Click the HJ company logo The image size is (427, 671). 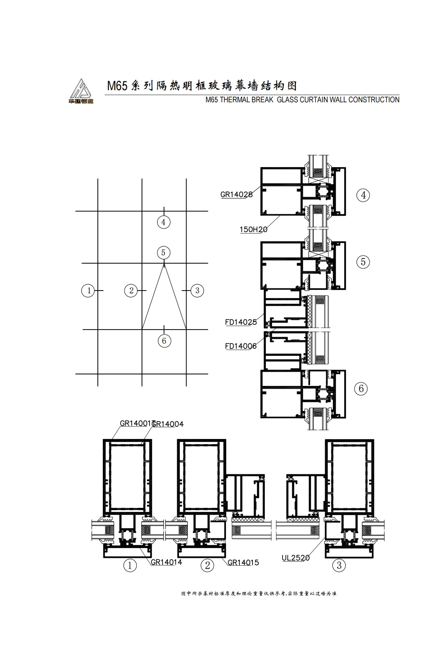tap(81, 91)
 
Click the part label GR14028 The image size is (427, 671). tap(236, 195)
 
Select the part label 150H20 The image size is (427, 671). tap(253, 230)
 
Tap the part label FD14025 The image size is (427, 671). tap(241, 322)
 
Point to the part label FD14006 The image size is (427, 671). tap(241, 346)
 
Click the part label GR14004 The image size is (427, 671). tap(168, 425)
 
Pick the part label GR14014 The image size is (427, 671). tap(166, 562)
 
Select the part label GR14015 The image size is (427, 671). tap(243, 562)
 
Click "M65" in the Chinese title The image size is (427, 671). tap(117, 86)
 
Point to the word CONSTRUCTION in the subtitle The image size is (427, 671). tap(374, 100)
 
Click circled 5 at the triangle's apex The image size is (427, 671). tap(163, 253)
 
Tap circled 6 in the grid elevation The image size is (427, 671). tap(164, 341)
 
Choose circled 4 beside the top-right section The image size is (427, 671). tap(363, 195)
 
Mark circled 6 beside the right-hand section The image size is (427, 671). tap(361, 388)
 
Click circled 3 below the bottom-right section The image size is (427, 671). tap(339, 565)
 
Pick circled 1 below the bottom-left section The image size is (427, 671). tap(130, 566)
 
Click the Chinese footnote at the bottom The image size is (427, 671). tap(259, 594)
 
